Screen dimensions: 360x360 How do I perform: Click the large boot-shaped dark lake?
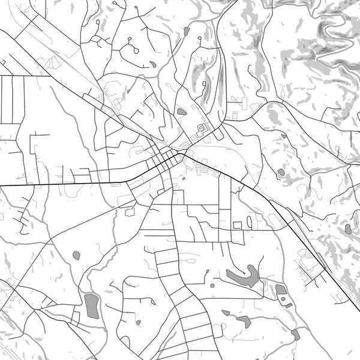click(x=242, y=277)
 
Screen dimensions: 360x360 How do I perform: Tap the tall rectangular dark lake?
click(x=91, y=305)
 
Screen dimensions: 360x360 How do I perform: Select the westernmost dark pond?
click(x=76, y=256)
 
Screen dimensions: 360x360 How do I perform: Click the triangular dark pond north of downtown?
click(x=181, y=111)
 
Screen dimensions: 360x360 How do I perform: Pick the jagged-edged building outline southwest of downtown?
click(x=130, y=211)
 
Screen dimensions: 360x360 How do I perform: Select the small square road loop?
click(x=237, y=225)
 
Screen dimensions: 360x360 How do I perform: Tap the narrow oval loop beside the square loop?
click(x=249, y=222)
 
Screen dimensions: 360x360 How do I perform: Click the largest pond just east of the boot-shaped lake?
click(x=281, y=290)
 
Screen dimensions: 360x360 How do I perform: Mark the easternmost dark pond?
click(x=348, y=229)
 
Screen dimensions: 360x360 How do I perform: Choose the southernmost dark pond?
click(x=295, y=334)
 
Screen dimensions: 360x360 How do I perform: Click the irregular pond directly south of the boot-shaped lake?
click(x=244, y=321)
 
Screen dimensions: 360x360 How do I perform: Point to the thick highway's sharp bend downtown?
click(x=181, y=154)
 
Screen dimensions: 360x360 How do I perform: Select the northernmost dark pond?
click(x=187, y=30)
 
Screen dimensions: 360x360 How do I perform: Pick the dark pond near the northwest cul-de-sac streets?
click(x=153, y=64)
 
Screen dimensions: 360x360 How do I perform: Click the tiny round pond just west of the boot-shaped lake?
click(x=212, y=285)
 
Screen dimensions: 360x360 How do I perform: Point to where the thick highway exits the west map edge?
click(x=1, y=185)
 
